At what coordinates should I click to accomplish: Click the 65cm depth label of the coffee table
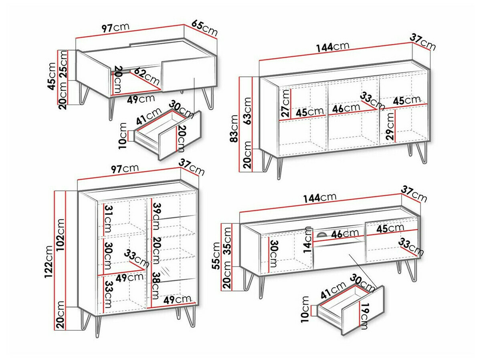(x=204, y=28)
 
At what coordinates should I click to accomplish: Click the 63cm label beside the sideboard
(x=247, y=110)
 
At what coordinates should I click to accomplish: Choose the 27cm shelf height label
(x=285, y=103)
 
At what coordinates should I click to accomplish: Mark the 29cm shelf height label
(x=389, y=126)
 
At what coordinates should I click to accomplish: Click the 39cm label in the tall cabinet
(x=156, y=216)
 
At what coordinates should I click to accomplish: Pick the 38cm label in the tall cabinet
(x=156, y=286)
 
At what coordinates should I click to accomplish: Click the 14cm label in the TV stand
(x=308, y=239)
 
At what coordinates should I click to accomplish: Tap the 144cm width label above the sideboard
(x=332, y=47)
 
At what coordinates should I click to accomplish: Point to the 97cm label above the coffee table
(x=116, y=28)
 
